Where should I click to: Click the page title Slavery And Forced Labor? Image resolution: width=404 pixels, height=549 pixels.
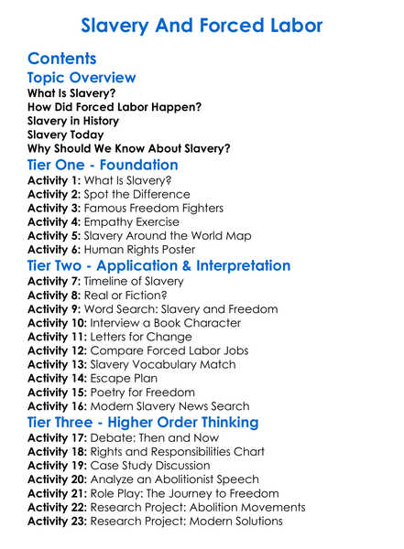tap(202, 26)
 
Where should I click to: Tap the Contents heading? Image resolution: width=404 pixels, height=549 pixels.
tap(62, 59)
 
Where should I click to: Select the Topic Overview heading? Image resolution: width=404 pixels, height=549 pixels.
tap(82, 78)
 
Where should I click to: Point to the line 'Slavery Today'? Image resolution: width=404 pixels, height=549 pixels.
tap(66, 134)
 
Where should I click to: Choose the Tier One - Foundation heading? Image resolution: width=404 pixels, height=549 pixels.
tap(103, 165)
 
